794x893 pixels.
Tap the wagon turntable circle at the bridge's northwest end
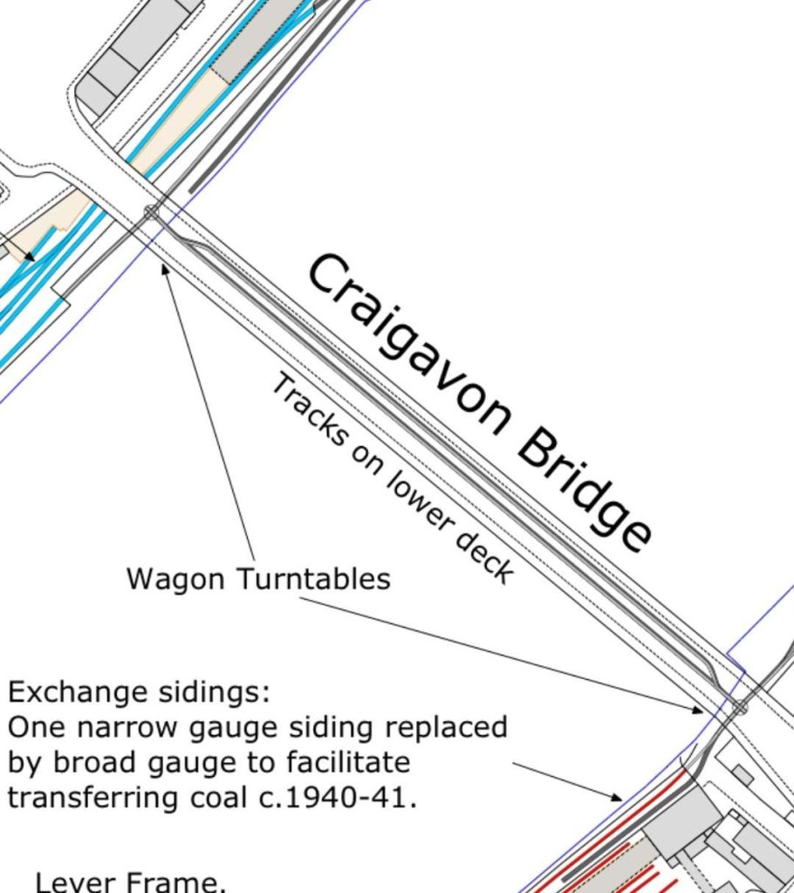pos(151,212)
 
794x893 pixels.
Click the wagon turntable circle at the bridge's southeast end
pos(740,708)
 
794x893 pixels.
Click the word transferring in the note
pos(91,797)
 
